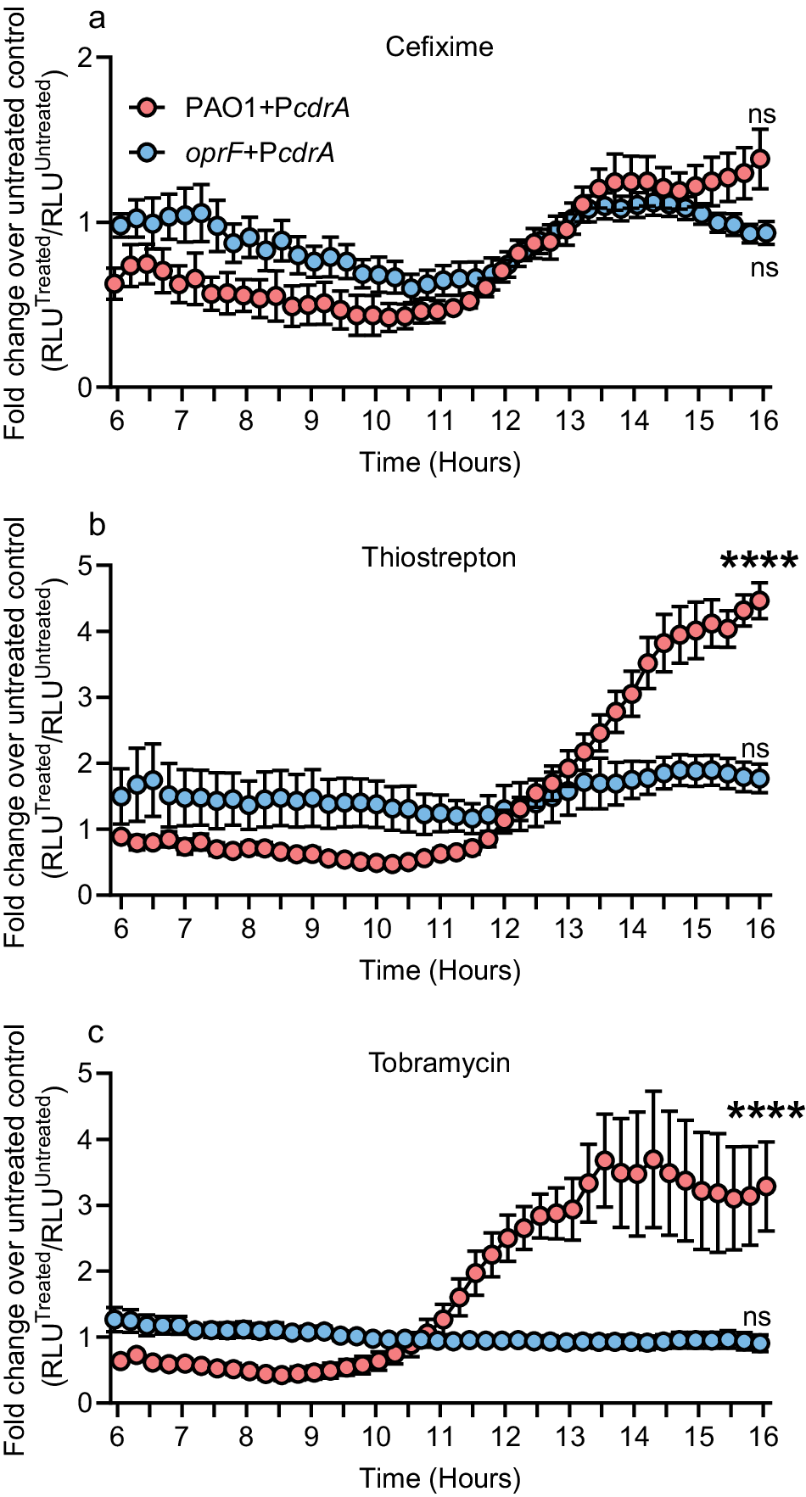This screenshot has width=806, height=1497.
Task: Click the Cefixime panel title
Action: point(439,47)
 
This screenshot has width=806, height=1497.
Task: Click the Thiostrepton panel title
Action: point(439,557)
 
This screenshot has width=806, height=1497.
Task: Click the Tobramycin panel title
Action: point(439,1063)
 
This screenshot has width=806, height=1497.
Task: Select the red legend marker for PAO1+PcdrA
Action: point(148,108)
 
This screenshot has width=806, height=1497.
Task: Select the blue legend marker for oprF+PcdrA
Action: point(148,153)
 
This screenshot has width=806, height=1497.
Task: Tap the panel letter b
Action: point(98,525)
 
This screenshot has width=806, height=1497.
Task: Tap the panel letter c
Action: point(97,1032)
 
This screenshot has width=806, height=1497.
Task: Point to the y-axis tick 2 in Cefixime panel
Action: point(84,59)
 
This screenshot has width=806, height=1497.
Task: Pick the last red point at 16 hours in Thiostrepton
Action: point(760,600)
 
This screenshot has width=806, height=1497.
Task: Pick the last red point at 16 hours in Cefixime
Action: point(761,159)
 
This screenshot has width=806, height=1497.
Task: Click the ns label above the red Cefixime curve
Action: point(762,114)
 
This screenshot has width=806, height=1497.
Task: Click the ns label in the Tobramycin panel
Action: point(757,1317)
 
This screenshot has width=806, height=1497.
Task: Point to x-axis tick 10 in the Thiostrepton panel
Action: point(377,929)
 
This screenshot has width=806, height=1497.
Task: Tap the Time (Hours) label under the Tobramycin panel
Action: point(439,1479)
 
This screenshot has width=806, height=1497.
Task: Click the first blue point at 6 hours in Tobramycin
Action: point(114,1319)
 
